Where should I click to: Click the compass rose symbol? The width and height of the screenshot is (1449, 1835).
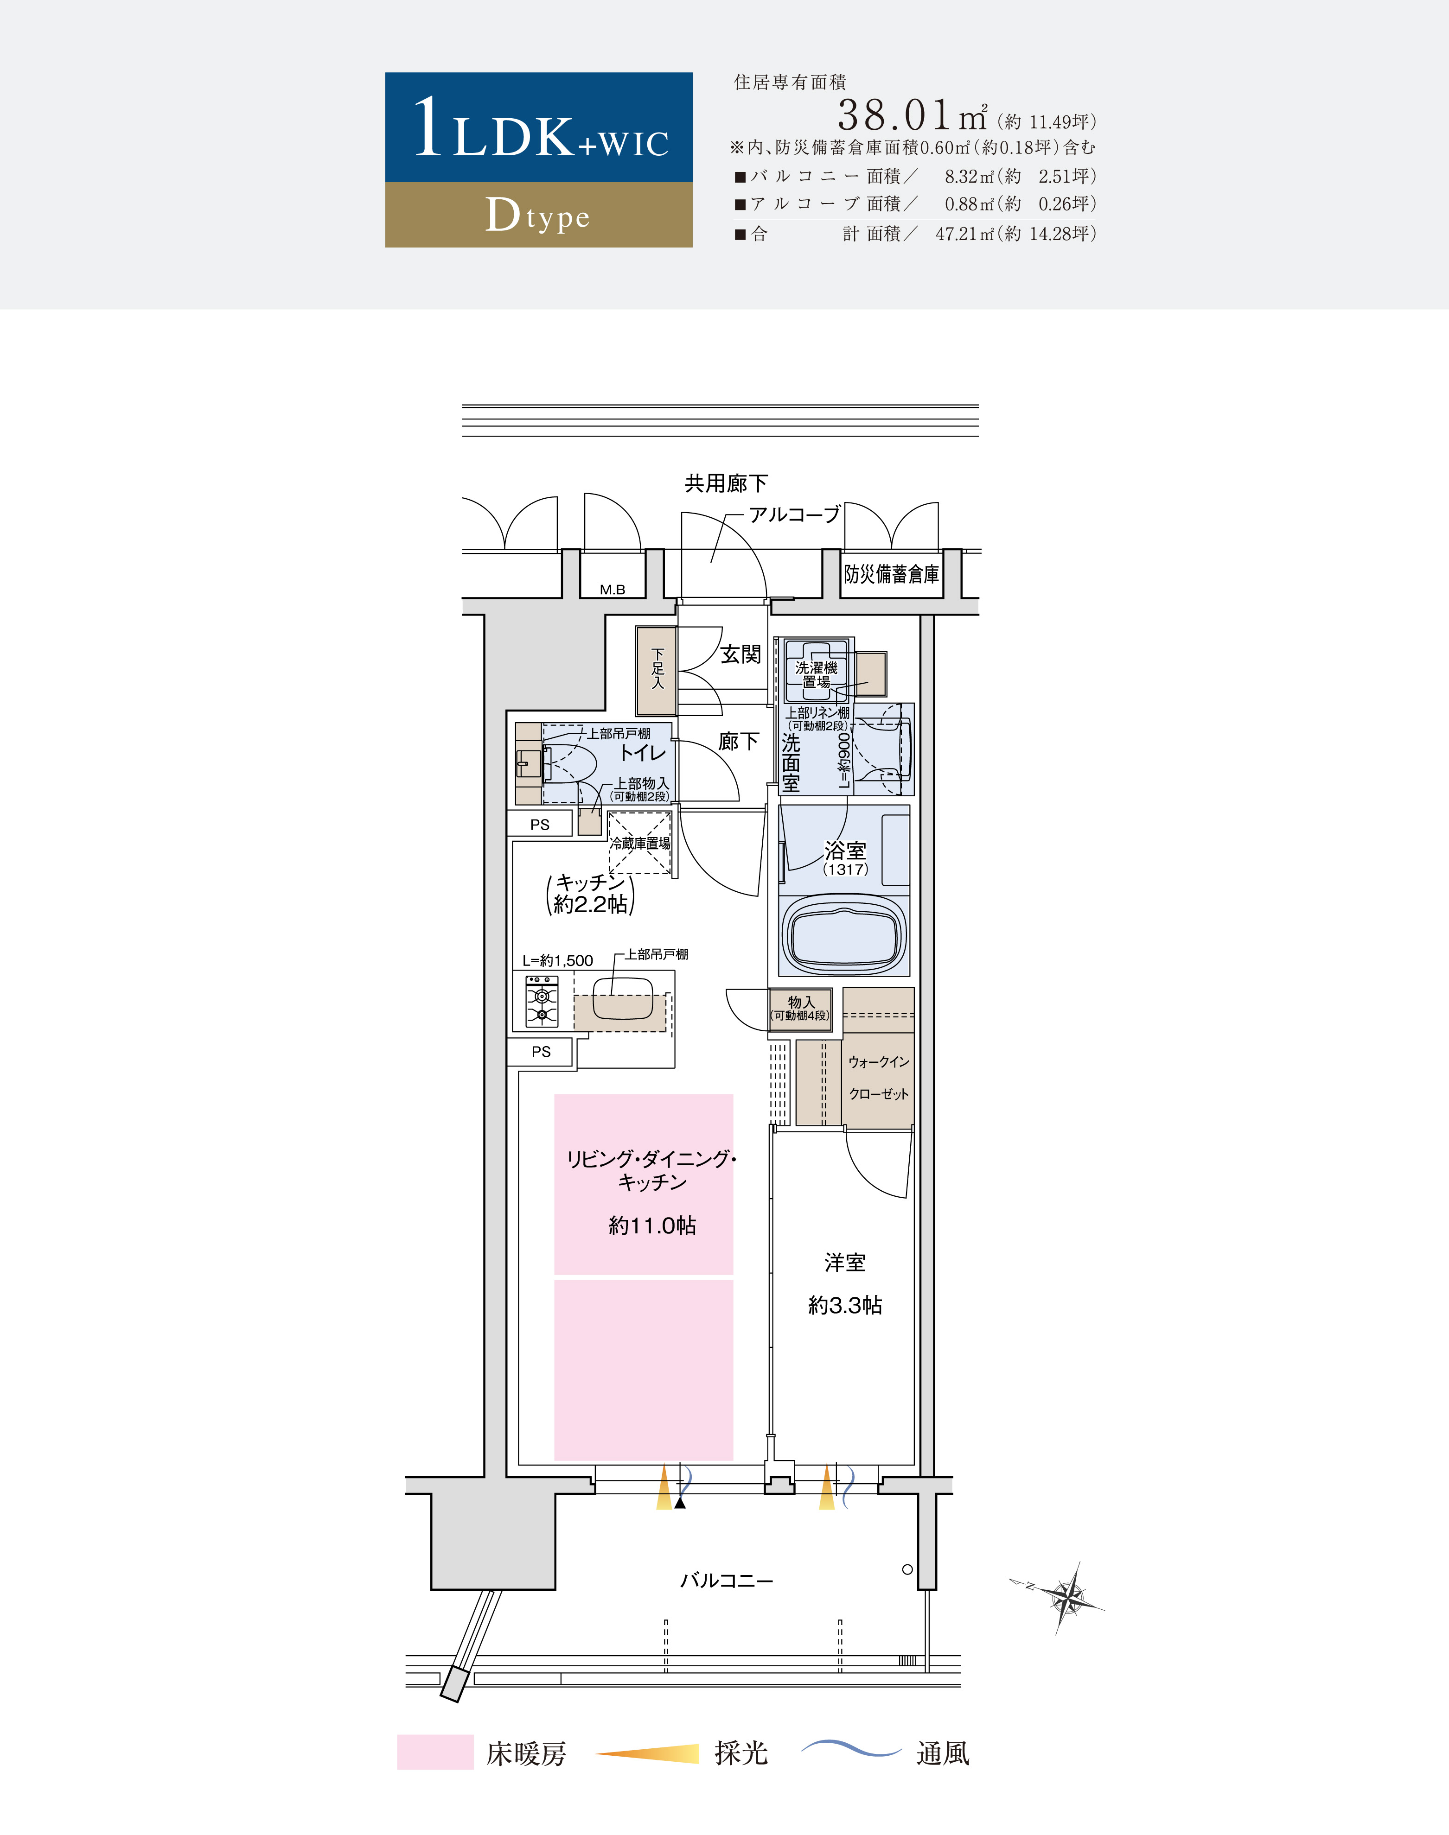tap(1063, 1598)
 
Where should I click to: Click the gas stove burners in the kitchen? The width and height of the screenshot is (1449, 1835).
tap(541, 1001)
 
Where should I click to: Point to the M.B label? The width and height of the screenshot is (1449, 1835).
tap(613, 589)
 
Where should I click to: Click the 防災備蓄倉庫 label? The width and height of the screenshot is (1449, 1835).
tap(892, 574)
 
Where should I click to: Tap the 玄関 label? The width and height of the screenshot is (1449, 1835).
tap(740, 654)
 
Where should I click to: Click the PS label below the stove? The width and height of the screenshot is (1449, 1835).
tap(541, 1052)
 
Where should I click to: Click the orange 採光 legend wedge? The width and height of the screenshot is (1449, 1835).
tap(647, 1753)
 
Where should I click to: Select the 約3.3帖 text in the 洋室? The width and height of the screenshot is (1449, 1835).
tap(845, 1305)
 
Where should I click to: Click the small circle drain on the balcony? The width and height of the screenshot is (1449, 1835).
tap(907, 1569)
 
